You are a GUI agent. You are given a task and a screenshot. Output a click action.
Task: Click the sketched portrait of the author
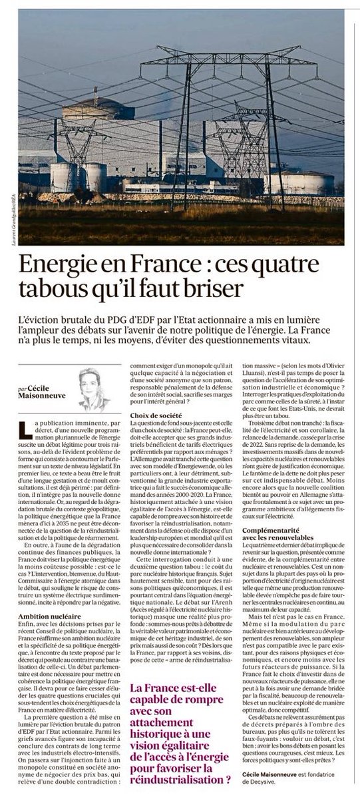96,389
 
